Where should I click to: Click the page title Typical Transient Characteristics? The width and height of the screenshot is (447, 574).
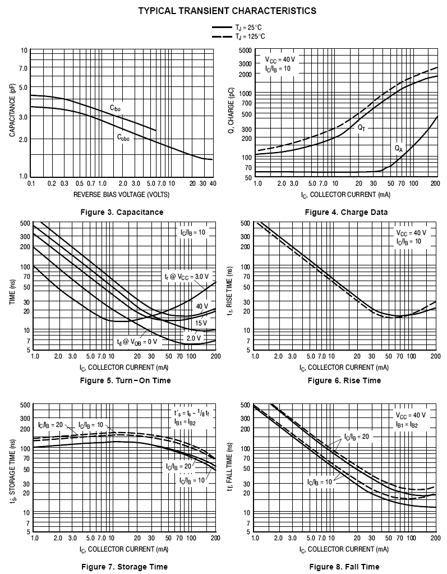coord(227,11)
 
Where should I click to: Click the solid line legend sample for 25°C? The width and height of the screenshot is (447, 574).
coord(223,27)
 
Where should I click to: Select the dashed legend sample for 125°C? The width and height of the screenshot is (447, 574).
coord(223,36)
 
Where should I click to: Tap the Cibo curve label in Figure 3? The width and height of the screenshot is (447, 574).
coord(115,107)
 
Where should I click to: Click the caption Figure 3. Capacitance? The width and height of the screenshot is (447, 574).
coord(121,212)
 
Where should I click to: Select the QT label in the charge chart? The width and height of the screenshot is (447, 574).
coord(362,127)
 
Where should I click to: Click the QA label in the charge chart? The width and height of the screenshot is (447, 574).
coord(399,149)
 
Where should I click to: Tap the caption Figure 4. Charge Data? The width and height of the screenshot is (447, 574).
coord(346,212)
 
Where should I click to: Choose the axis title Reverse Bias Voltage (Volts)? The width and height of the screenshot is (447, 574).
coord(121,194)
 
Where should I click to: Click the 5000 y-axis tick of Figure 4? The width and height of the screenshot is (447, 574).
coord(245,50)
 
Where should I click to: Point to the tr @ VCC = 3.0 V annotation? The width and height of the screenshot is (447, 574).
coord(186,276)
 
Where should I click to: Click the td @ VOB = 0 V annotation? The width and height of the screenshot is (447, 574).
coord(137,342)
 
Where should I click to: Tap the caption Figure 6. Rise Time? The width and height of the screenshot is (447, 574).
coord(344,380)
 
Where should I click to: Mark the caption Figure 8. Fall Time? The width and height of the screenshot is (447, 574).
coord(344,567)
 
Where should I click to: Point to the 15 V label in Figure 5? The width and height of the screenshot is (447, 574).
coord(201,323)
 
